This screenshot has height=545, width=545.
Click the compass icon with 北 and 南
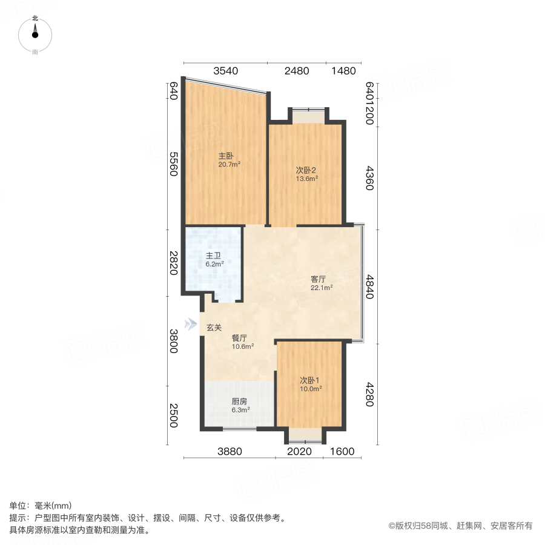[35, 35]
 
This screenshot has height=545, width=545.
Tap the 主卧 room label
[226, 154]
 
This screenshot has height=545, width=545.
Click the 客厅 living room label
[319, 279]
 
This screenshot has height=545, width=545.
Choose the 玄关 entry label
[214, 328]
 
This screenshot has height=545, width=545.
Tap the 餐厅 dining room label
[239, 338]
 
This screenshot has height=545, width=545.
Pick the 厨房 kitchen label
[239, 401]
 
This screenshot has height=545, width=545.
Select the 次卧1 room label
[309, 380]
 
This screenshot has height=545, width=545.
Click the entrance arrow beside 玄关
[191, 324]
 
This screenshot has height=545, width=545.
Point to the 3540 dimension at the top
[225, 71]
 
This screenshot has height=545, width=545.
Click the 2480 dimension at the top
[297, 71]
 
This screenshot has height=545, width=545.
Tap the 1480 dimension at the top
[343, 71]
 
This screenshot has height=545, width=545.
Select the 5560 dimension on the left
[173, 163]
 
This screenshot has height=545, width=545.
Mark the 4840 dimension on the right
[369, 286]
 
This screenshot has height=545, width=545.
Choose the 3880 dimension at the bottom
[230, 451]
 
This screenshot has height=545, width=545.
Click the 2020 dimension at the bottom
[299, 451]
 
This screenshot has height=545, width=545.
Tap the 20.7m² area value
[230, 163]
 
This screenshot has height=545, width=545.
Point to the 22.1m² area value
[322, 288]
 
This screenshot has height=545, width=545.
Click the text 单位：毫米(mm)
[41, 506]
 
